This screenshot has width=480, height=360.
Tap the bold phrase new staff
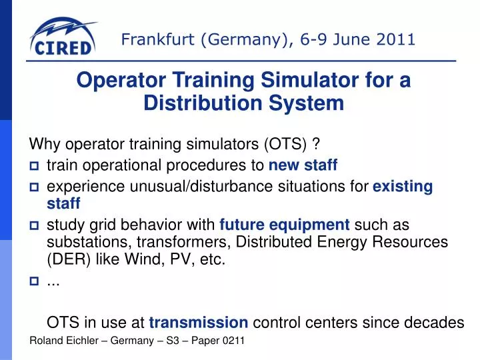point(303,165)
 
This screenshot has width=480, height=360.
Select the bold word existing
point(403,187)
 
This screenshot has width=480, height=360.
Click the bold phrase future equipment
point(285,224)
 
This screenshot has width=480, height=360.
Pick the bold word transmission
point(199,323)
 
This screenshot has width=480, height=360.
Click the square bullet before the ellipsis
point(35,281)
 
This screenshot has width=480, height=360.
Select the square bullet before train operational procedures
point(35,165)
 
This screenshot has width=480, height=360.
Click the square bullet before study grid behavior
point(35,225)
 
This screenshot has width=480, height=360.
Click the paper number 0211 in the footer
point(233,341)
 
